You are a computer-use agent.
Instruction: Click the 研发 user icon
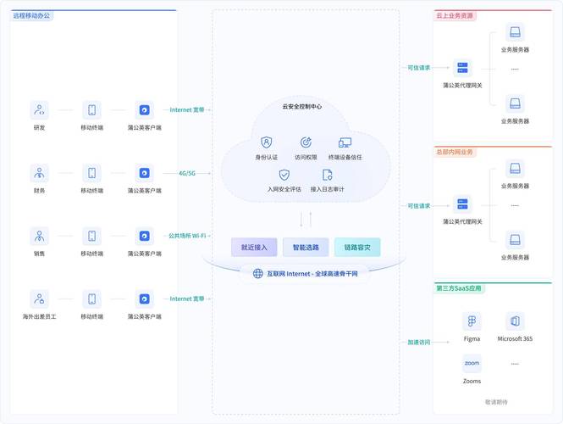click(39, 109)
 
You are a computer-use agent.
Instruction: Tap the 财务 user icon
click(39, 173)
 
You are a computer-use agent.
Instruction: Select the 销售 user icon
click(39, 236)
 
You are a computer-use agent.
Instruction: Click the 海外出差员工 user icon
click(39, 298)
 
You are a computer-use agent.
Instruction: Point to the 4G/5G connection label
click(187, 173)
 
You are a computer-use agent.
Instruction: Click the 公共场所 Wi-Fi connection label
click(187, 236)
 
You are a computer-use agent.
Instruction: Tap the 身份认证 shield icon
click(267, 142)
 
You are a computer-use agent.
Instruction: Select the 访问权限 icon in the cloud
click(306, 142)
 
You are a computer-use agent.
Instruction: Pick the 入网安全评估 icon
click(284, 175)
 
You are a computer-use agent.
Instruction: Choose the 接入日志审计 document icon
click(327, 175)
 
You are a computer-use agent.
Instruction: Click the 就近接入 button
click(254, 247)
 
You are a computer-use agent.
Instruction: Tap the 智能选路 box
click(306, 247)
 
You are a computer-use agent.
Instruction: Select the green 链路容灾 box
click(357, 247)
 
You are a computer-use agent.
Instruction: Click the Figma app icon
click(472, 321)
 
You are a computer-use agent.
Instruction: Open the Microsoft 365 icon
click(515, 321)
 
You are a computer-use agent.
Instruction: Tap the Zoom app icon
click(472, 363)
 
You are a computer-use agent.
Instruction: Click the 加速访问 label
click(418, 343)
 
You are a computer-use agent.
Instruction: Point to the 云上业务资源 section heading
click(455, 16)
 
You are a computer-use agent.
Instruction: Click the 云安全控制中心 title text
click(301, 107)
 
